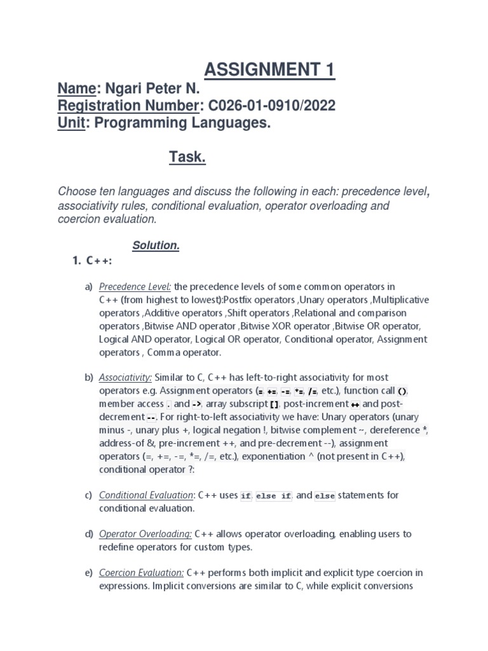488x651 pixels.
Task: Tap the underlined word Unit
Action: click(x=71, y=123)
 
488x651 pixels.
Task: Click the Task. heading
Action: click(x=187, y=158)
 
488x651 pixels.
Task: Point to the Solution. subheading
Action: click(x=156, y=245)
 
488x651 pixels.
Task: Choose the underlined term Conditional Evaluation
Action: click(x=146, y=495)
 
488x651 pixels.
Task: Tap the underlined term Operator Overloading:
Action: click(x=146, y=534)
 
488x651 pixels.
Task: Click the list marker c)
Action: click(x=89, y=495)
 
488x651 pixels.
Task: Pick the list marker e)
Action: click(x=89, y=573)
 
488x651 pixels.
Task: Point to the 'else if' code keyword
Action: click(x=273, y=496)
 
